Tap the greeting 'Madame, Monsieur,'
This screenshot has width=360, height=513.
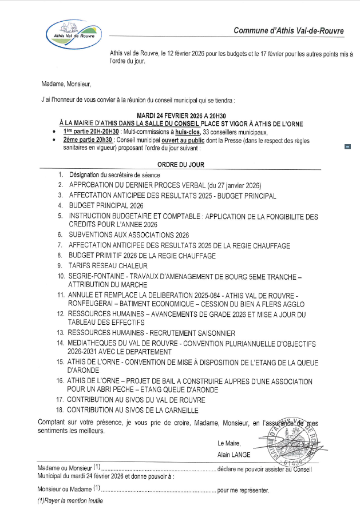66,84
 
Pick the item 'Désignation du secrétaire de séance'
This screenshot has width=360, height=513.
114,174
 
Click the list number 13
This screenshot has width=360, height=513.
60,332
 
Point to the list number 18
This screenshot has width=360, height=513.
60,410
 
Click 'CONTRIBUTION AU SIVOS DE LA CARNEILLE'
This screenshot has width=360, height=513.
133,410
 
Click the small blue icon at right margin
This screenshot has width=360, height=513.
347,146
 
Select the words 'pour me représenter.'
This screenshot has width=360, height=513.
243,490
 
